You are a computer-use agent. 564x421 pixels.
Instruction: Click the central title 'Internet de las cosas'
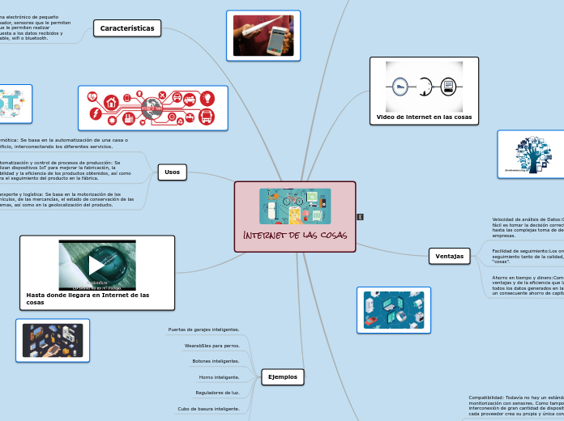(294, 235)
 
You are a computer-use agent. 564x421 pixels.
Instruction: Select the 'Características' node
(127, 28)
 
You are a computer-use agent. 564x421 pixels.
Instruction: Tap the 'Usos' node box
(172, 172)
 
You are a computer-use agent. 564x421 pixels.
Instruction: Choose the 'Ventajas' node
(450, 256)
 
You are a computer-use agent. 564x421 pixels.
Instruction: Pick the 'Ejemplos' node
(282, 376)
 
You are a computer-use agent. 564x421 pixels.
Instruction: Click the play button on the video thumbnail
(96, 265)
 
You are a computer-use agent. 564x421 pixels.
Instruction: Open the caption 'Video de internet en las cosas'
(424, 117)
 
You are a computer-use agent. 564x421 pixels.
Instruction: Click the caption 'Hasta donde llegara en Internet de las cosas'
(88, 299)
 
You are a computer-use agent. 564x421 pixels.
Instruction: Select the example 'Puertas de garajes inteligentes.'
(203, 330)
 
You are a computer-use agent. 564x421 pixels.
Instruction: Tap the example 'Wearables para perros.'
(211, 346)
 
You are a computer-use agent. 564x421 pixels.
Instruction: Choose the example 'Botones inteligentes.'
(216, 361)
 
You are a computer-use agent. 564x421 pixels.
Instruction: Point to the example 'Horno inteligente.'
(219, 377)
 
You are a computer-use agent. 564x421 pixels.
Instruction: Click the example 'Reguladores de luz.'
(217, 393)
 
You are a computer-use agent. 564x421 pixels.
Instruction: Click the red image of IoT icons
(152, 108)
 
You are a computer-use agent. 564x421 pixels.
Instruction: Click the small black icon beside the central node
(360, 216)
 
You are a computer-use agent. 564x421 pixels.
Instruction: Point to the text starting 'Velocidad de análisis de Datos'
(528, 228)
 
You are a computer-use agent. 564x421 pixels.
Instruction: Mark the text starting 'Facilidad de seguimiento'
(528, 258)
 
